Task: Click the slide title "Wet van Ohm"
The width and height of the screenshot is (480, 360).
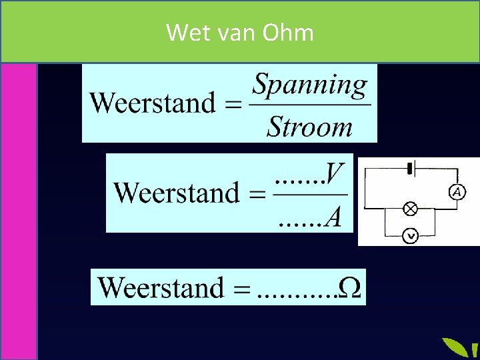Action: [x=239, y=31]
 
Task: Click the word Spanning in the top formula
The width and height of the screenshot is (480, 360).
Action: [x=310, y=85]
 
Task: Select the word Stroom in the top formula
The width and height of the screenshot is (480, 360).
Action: [x=309, y=126]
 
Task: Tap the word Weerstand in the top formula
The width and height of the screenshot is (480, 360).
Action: [x=153, y=103]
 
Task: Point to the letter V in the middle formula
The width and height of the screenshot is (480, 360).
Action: [x=335, y=175]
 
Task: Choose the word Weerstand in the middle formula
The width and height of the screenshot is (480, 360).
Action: [x=177, y=193]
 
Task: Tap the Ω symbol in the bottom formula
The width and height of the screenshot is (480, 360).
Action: [x=351, y=288]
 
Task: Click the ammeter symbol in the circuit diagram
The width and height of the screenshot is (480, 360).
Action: [x=457, y=192]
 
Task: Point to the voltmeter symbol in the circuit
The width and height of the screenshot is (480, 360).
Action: [x=411, y=235]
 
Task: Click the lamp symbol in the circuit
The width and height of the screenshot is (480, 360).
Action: [x=411, y=209]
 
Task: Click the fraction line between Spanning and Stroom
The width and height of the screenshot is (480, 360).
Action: [x=310, y=105]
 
